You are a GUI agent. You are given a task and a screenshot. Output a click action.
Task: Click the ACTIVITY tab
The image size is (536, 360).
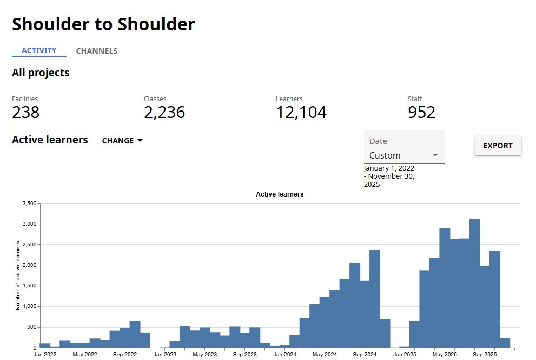pyautogui.click(x=39, y=50)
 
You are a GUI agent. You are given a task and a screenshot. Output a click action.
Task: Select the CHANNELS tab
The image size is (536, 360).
pyautogui.click(x=97, y=51)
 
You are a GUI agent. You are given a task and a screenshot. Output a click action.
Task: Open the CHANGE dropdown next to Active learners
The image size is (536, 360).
pyautogui.click(x=122, y=141)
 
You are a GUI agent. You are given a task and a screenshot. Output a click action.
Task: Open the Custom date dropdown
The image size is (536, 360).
pyautogui.click(x=404, y=155)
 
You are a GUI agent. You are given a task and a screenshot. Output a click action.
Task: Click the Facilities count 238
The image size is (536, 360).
pyautogui.click(x=25, y=112)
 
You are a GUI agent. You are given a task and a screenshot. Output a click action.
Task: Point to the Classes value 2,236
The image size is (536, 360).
pyautogui.click(x=164, y=112)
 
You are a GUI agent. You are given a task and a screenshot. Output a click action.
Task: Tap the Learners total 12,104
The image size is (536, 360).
pyautogui.click(x=301, y=112)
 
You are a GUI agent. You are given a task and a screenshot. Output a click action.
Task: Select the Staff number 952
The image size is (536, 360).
pyautogui.click(x=421, y=112)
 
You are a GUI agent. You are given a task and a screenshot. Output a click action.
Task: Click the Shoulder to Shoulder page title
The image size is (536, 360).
pyautogui.click(x=103, y=24)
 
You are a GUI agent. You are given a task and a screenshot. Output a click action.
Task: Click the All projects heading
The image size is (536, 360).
pyautogui.click(x=41, y=73)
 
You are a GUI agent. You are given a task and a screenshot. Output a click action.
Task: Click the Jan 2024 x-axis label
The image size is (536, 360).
pyautogui.click(x=284, y=355)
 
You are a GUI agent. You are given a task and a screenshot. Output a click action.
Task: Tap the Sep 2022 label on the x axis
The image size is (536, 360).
pyautogui.click(x=124, y=355)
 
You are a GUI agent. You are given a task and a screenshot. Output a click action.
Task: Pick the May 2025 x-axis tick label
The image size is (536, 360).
pyautogui.click(x=445, y=355)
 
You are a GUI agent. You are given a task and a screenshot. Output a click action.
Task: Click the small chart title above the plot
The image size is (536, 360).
pyautogui.click(x=280, y=194)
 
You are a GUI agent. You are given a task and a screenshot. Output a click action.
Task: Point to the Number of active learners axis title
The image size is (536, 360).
pyautogui.click(x=18, y=276)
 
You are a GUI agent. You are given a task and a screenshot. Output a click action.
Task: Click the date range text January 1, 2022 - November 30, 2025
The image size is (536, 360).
pyautogui.click(x=389, y=176)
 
